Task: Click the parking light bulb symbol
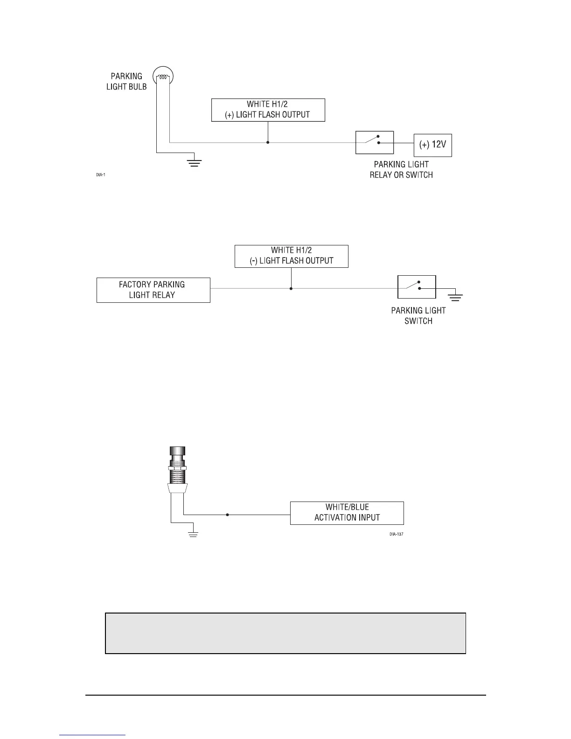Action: tap(163, 77)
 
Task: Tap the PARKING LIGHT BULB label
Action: tap(126, 81)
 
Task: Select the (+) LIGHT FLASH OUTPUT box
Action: tap(268, 110)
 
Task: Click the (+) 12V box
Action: tap(433, 145)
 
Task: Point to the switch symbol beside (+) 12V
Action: tap(375, 142)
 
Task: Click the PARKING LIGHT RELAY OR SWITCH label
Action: tap(401, 169)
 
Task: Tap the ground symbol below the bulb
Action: tap(194, 163)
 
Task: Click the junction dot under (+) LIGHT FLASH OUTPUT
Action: tap(268, 142)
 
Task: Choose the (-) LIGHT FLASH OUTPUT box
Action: tap(292, 256)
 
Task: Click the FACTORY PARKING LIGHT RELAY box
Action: tap(153, 290)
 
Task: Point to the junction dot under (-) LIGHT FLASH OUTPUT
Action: tap(291, 289)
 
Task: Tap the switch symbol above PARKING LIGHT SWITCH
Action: tap(417, 287)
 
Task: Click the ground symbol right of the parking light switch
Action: tap(455, 296)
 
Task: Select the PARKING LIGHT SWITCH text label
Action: tap(418, 316)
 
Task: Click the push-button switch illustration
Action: tap(178, 471)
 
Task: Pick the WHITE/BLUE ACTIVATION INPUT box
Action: tap(347, 513)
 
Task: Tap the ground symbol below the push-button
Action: tap(193, 534)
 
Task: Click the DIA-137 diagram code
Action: tap(396, 534)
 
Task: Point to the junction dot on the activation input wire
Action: tap(227, 515)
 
